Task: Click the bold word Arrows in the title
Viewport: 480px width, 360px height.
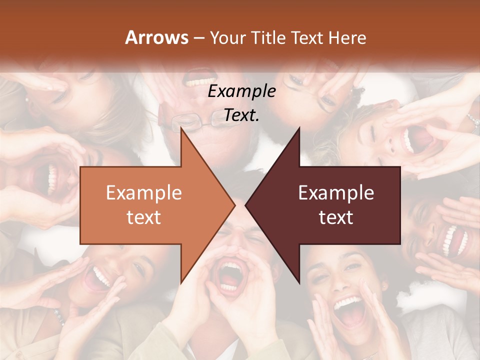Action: coord(156,37)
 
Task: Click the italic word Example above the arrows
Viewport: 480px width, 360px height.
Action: coord(241,91)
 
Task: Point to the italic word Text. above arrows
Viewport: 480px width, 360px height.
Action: coord(241,115)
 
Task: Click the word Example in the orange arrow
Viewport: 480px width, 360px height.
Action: coord(143,193)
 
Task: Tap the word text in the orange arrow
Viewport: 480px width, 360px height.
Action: coord(143,217)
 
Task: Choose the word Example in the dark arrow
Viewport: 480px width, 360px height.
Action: coord(336,193)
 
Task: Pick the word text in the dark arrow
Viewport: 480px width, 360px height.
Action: coord(336,217)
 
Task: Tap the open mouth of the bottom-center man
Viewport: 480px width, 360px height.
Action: coord(230,275)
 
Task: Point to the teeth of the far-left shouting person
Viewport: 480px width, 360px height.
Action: coord(51,179)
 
